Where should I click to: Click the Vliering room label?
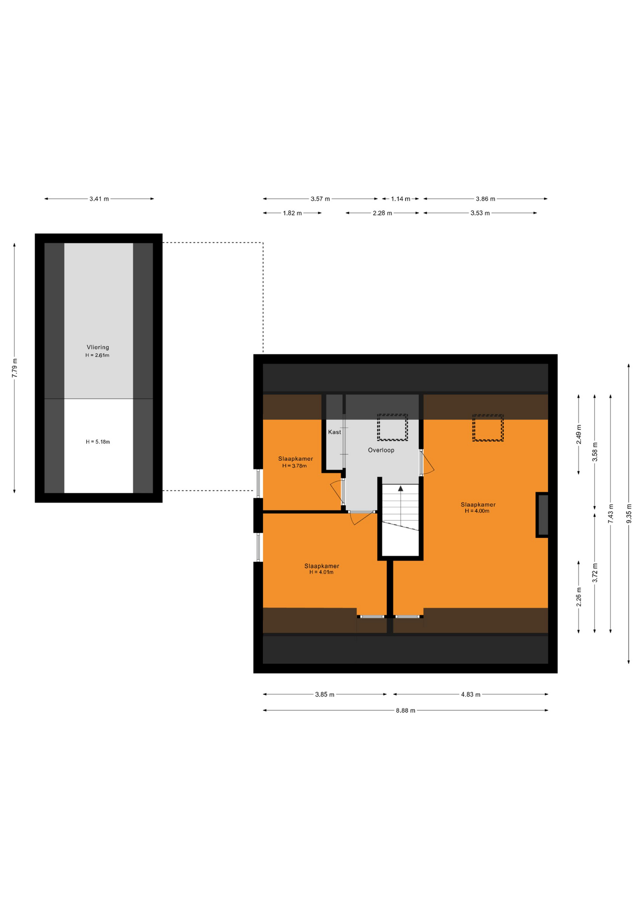pos(98,347)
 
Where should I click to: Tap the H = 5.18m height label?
pos(98,442)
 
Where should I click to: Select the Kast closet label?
pos(334,432)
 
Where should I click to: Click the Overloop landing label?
pos(381,450)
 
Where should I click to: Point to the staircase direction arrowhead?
pos(401,488)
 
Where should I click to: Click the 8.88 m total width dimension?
pos(405,710)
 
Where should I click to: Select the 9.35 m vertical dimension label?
pos(629,513)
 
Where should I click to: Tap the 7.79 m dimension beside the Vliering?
pos(15,368)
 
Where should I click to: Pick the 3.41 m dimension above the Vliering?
pos(99,199)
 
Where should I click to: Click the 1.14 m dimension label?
pos(401,199)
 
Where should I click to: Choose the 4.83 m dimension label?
pos(471,695)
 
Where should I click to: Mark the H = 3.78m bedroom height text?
pos(295,466)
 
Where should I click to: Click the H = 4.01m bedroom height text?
pos(321,572)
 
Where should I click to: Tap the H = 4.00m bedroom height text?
pos(477,511)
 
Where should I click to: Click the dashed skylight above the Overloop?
pos(393,428)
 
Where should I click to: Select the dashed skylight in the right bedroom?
pos(488,428)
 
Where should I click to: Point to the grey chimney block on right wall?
pos(543,515)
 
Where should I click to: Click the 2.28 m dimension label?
pos(382,213)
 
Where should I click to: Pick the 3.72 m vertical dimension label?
pos(595,573)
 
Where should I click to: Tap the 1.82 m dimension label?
pos(292,213)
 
